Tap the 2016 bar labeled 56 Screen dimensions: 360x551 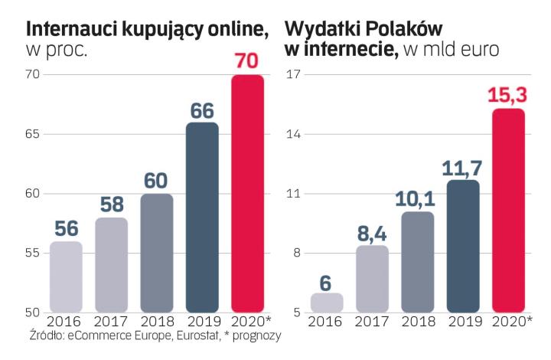(66, 277)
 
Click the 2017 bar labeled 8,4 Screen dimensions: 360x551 (372, 279)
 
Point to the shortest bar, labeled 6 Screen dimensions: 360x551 (327, 303)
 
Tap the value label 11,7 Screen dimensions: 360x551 (462, 166)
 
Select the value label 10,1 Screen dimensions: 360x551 (417, 198)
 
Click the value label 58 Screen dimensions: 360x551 (112, 205)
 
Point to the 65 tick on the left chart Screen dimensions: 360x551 (31, 134)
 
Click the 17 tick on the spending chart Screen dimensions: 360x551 (294, 74)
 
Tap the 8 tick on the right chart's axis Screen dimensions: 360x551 (297, 254)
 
